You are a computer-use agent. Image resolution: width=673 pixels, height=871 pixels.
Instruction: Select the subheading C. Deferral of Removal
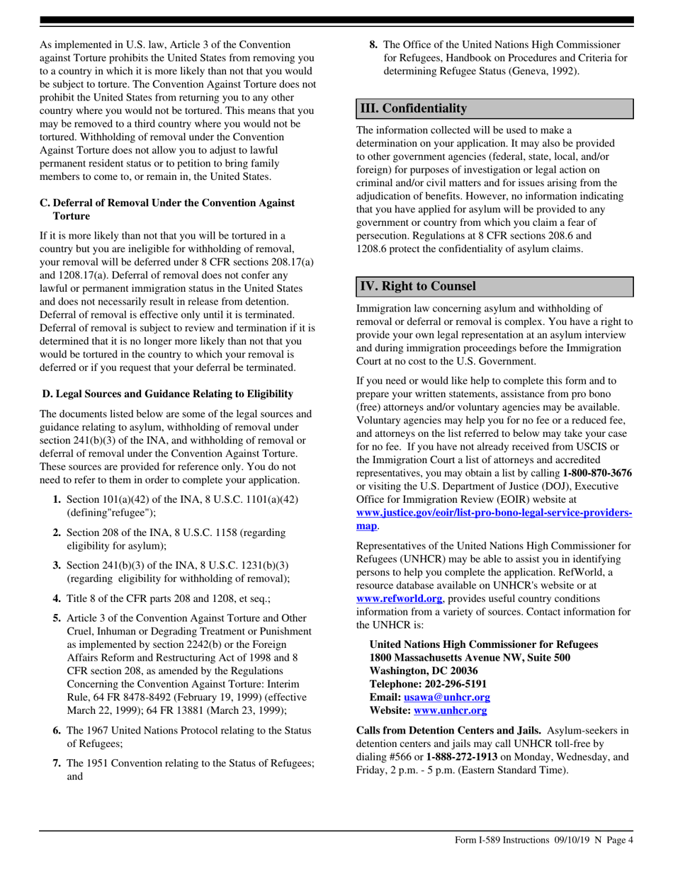167,209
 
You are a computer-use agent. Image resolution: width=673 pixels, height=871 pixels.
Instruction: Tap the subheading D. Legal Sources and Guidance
167,393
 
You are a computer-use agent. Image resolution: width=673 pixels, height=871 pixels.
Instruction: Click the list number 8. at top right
374,45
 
